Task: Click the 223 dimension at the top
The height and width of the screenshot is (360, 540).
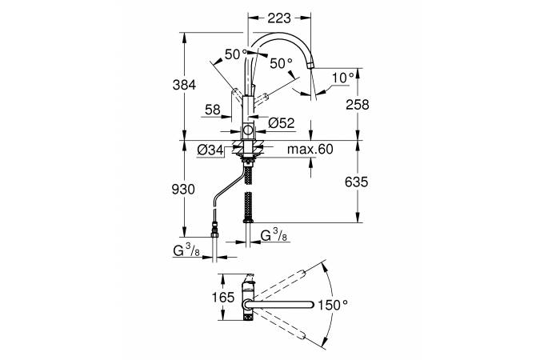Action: point(279,18)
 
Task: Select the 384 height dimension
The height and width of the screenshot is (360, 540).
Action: point(184,85)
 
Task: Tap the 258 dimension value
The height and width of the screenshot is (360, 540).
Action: point(358,105)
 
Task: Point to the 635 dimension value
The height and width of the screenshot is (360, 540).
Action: point(357,182)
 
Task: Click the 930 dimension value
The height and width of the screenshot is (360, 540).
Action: point(183,189)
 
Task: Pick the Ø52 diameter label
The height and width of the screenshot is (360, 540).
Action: point(282,123)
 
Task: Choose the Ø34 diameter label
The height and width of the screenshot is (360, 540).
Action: point(210,150)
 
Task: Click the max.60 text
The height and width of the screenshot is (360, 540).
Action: point(310,149)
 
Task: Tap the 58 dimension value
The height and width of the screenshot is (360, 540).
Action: point(213,110)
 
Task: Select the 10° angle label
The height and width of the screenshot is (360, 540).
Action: point(343,78)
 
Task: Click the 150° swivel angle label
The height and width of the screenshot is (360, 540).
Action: point(332,305)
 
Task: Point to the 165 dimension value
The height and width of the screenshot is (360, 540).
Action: point(223,298)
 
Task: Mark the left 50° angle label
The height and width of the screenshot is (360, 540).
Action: point(236,54)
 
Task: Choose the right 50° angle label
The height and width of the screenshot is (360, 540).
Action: point(281,63)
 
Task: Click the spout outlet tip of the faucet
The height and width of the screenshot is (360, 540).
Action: point(311,66)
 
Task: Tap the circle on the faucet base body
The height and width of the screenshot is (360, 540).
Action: point(248,130)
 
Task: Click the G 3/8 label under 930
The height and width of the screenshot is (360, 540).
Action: point(186,250)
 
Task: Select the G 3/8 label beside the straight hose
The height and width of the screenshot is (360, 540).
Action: point(274,235)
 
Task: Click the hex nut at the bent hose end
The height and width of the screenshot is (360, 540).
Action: point(214,234)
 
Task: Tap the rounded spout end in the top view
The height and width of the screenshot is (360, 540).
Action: point(312,305)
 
